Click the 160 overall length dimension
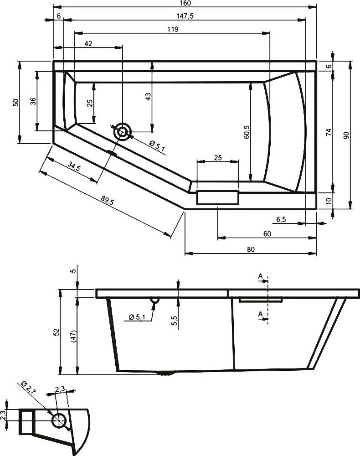(x=185, y=4)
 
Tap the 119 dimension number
(x=172, y=29)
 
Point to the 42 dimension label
(x=88, y=43)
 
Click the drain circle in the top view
(x=123, y=132)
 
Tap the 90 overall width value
(x=346, y=135)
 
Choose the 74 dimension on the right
(x=328, y=132)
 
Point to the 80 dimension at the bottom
(x=250, y=249)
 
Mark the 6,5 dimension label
(x=281, y=220)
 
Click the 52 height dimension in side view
(x=56, y=331)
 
